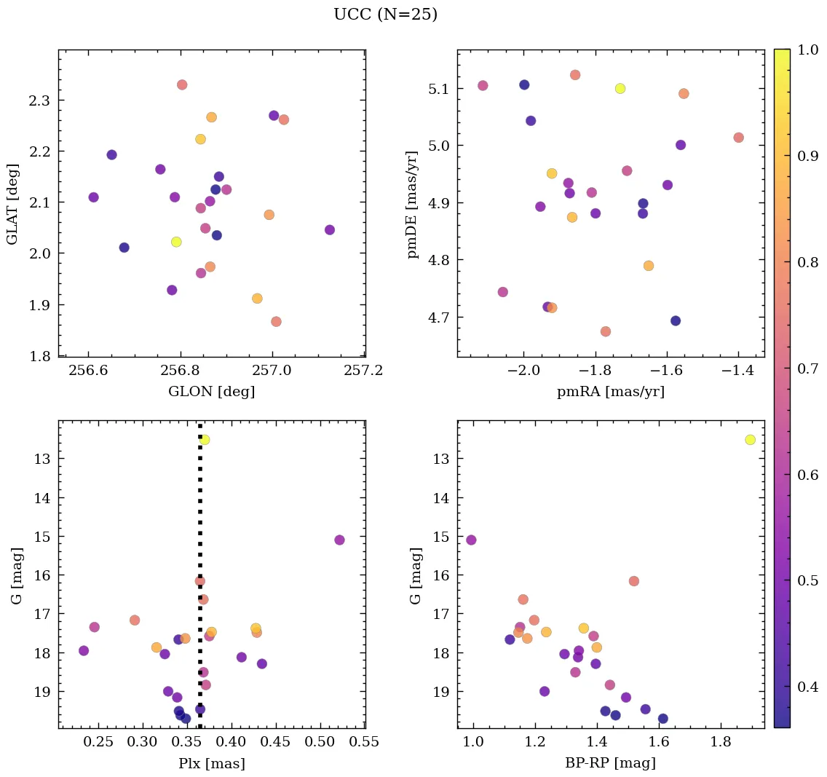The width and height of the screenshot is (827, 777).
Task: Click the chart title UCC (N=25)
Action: (x=385, y=15)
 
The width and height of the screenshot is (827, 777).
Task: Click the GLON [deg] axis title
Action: (x=211, y=392)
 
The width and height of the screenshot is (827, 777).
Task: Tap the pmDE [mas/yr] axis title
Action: (x=413, y=204)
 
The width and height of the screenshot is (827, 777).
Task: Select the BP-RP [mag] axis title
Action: (x=610, y=763)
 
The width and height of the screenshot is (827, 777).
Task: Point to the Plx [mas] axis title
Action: (x=211, y=763)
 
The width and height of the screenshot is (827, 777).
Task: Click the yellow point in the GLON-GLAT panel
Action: (x=176, y=242)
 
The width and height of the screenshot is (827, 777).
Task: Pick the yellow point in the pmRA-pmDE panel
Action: (x=620, y=89)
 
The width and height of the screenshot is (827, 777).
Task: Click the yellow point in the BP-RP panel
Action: (x=750, y=440)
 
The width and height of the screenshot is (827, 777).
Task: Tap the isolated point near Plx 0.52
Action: (x=339, y=540)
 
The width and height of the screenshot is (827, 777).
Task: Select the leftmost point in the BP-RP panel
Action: (x=471, y=540)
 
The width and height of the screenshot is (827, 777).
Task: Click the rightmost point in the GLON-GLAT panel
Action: (x=330, y=230)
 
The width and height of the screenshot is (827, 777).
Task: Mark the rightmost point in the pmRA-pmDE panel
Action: (x=738, y=138)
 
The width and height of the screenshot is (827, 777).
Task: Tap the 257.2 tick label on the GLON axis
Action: (x=365, y=371)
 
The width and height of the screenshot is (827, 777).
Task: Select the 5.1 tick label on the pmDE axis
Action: (x=440, y=89)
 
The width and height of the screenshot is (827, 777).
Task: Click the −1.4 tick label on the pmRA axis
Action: (x=737, y=371)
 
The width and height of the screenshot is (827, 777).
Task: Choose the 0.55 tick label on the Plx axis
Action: (x=365, y=742)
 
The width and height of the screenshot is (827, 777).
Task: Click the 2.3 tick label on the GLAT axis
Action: (x=39, y=100)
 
